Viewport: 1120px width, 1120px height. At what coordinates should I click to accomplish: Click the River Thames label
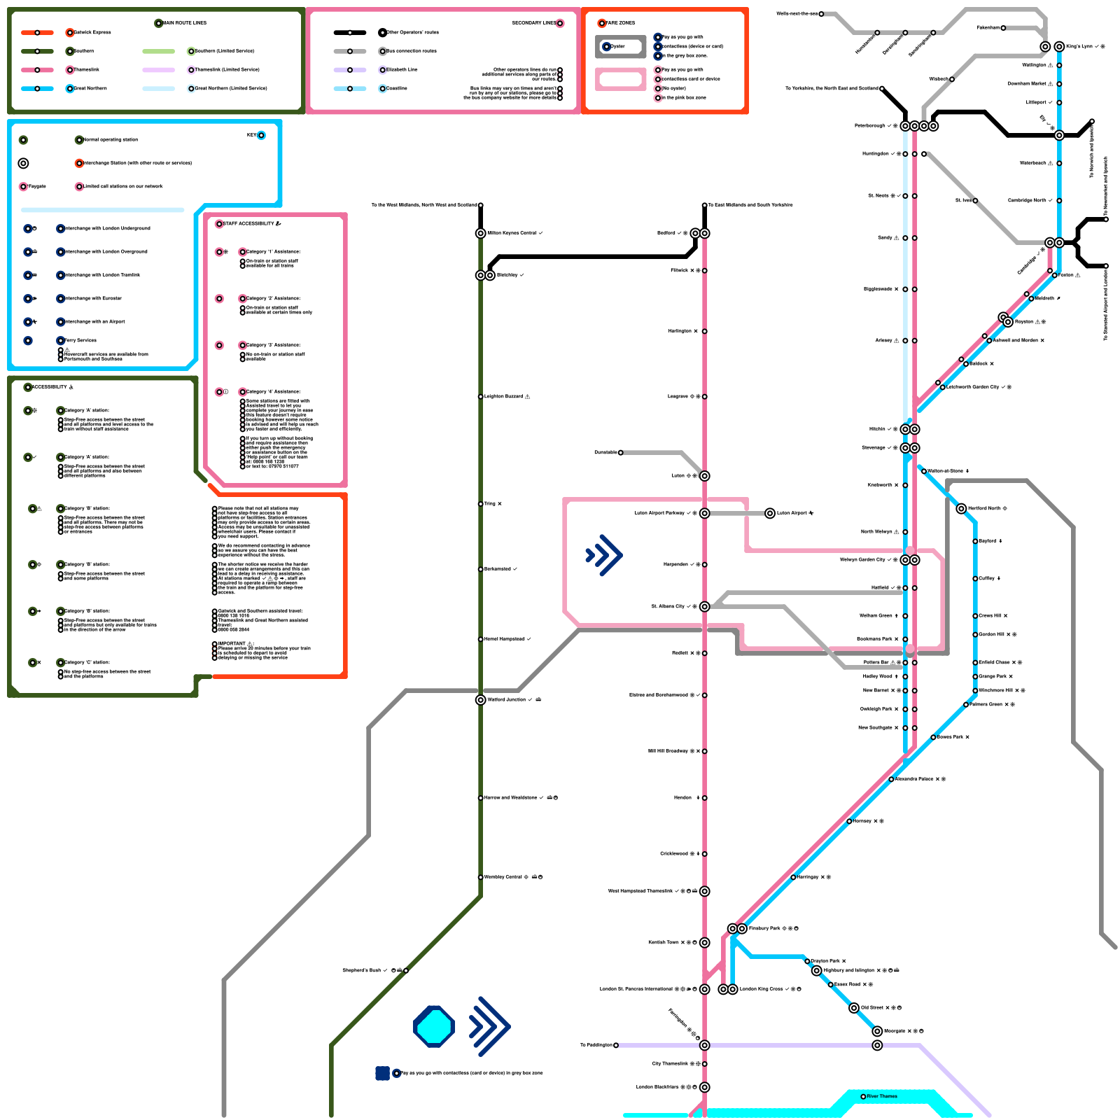click(882, 1096)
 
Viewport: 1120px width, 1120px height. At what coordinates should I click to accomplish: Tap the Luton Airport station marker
click(770, 513)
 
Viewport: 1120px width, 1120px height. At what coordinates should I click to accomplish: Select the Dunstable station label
click(605, 452)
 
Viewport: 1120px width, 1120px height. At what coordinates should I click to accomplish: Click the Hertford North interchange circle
click(961, 508)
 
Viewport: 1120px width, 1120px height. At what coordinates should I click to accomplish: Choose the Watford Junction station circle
click(481, 699)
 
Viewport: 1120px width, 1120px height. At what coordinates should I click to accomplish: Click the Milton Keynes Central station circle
click(481, 233)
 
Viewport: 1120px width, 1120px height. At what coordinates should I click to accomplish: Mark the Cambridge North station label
click(1027, 200)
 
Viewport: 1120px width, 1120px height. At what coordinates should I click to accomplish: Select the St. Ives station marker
click(975, 200)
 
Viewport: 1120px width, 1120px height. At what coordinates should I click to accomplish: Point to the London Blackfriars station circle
click(705, 1087)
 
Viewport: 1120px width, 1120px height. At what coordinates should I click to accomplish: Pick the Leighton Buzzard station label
click(504, 396)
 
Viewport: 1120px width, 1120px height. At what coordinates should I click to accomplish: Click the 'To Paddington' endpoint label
click(596, 1045)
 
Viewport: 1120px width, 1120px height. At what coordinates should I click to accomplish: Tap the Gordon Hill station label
click(993, 634)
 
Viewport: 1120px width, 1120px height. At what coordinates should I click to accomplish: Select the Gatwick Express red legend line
click(37, 32)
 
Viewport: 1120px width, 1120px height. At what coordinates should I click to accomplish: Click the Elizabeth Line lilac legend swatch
click(350, 70)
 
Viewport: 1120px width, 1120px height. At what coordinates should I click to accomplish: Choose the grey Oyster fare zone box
click(621, 47)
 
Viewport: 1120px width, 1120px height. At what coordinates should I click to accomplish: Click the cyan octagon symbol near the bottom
click(434, 1027)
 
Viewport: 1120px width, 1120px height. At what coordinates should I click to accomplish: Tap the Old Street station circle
click(854, 1008)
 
